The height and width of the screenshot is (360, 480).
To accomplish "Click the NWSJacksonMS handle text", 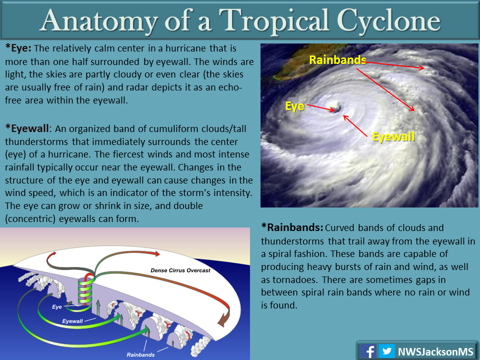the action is click(435, 351).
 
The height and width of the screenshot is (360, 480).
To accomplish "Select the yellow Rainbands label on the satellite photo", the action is click(337, 60).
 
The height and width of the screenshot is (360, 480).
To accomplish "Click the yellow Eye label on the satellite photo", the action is click(294, 106).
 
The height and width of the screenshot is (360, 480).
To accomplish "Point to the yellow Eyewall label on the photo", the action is click(393, 136).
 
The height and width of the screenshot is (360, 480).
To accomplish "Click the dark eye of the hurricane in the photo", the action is click(338, 108).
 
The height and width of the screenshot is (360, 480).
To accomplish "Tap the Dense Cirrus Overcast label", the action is click(180, 270).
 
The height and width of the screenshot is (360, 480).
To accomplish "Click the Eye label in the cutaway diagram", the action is click(57, 306).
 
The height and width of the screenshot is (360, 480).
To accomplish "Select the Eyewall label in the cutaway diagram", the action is click(72, 321).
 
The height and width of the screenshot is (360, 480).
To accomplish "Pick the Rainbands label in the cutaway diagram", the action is click(140, 355).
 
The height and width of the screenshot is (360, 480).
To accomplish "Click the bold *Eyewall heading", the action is click(27, 129).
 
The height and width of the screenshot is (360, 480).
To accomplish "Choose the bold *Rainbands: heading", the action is click(292, 227).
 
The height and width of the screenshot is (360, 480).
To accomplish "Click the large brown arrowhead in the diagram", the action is click(223, 319).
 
